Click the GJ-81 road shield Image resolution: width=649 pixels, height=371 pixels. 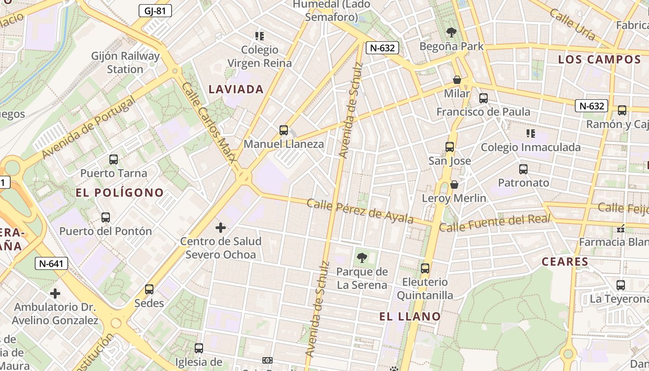pos(155,11)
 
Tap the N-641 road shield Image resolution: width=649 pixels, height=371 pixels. pos(51,264)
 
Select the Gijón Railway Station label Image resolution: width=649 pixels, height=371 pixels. pos(125,63)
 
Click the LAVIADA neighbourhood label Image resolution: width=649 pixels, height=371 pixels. pos(236,90)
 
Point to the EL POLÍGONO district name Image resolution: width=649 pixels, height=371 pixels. pos(120,192)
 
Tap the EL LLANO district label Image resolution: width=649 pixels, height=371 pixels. pos(410,317)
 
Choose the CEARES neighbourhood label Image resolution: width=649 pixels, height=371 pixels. pos(565,262)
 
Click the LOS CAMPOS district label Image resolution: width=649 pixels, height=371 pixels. pos(599,59)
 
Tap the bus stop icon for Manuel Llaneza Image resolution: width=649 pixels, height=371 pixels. pos(284,130)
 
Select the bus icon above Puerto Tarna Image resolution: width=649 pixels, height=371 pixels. pos(114,160)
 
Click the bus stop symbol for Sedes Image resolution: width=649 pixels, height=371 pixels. pos(149,289)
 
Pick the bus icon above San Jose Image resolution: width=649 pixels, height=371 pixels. pos(450,147)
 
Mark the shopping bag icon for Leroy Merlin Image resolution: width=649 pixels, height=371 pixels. pos(454,185)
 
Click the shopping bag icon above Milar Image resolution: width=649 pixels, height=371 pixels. pos(457,80)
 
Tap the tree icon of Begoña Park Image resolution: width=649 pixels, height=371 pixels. pos(452,32)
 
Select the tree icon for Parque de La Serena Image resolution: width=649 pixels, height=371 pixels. pos(362,258)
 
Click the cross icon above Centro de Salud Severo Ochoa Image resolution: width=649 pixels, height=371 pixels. pos(221,228)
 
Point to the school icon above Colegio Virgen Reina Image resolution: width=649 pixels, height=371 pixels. pos(260,36)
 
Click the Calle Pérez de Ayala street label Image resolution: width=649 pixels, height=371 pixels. pos(360,211)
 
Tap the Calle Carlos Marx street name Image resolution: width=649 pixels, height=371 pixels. pos(209,122)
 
